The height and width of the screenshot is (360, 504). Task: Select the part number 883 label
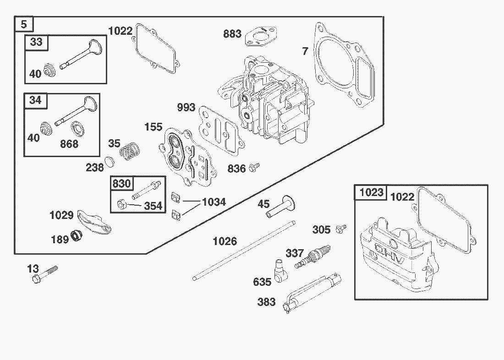pyautogui.click(x=232, y=34)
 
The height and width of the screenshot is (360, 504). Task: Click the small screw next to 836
pyautogui.click(x=253, y=168)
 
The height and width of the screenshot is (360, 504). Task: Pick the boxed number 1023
pyautogui.click(x=371, y=192)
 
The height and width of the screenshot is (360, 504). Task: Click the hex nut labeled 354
pyautogui.click(x=122, y=204)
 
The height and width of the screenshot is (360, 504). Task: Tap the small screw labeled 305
pyautogui.click(x=341, y=228)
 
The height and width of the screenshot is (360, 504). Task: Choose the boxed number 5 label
pyautogui.click(x=23, y=24)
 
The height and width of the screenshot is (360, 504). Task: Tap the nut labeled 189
pyautogui.click(x=76, y=237)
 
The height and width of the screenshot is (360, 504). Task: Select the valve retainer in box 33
pyautogui.click(x=49, y=71)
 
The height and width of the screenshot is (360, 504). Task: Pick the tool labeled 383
pyautogui.click(x=312, y=292)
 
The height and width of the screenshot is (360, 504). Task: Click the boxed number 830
pyautogui.click(x=121, y=184)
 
